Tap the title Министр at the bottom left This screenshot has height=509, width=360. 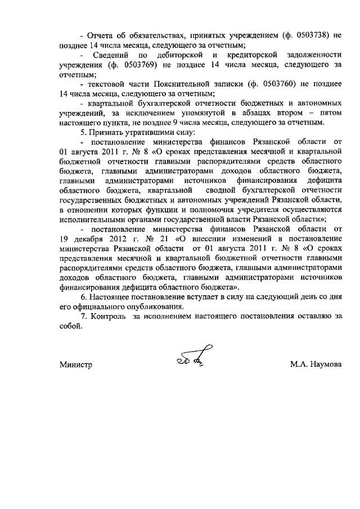click(76, 365)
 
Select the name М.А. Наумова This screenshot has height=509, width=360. click(315, 365)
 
